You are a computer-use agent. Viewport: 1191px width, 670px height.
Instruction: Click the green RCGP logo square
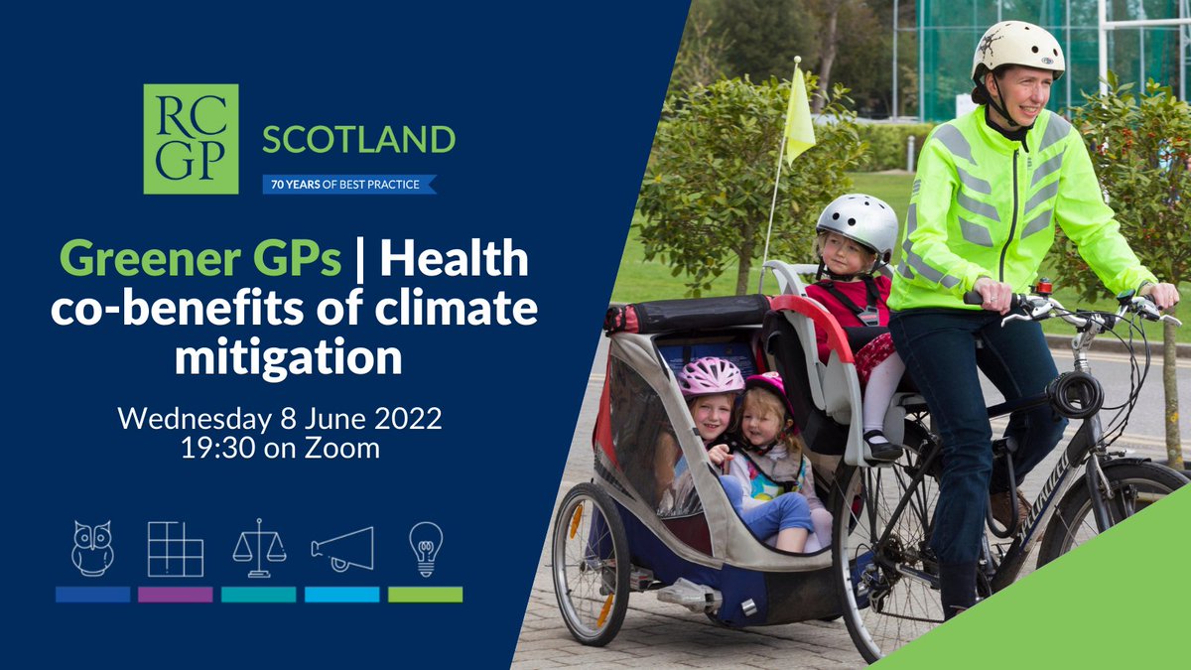191,139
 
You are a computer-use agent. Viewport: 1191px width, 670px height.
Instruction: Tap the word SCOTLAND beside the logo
358,140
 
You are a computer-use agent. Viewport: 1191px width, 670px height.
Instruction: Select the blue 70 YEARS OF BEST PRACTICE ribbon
348,184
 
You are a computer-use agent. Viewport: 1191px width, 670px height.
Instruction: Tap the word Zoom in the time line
341,448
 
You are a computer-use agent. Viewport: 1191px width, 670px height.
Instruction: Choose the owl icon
92,548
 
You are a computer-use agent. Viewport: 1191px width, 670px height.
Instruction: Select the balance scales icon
259,548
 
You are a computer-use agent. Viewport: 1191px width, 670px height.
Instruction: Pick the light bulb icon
425,548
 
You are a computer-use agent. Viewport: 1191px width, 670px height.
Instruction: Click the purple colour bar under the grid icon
175,595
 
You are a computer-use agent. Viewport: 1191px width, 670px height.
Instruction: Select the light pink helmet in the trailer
711,376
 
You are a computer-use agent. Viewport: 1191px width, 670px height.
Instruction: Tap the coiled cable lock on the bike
1077,393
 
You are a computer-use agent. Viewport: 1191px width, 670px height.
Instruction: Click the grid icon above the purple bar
175,548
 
